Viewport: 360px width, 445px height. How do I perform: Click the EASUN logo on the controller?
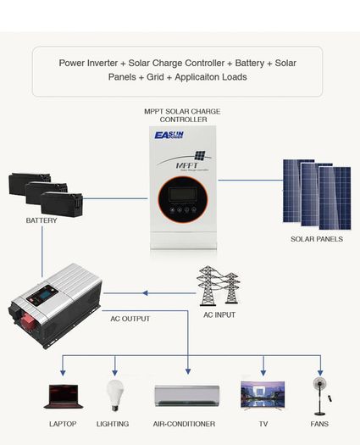[169, 135]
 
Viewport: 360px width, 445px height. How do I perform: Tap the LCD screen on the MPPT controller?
[183, 195]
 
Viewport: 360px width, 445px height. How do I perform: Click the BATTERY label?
[42, 220]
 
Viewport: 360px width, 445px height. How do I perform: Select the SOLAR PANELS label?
[317, 239]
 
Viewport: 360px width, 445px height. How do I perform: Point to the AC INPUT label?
[219, 314]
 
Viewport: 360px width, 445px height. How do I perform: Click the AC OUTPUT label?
[130, 319]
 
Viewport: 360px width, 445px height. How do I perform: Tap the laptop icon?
[64, 396]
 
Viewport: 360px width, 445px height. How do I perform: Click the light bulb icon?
[115, 395]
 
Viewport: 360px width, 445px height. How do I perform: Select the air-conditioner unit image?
[187, 396]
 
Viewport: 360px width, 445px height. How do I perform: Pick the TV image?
[263, 395]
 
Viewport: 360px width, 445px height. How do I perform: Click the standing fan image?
[320, 397]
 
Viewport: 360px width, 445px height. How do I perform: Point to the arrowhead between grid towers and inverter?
[145, 293]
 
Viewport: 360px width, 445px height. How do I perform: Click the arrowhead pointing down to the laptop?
[63, 373]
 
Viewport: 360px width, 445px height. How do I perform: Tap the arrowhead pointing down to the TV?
[263, 372]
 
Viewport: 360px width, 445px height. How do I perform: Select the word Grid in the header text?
[155, 77]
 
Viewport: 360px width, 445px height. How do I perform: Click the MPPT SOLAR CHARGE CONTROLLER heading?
[182, 115]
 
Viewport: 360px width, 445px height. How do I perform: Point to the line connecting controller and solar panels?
[251, 180]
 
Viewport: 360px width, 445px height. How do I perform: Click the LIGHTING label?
[113, 424]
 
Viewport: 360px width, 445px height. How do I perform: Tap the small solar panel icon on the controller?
[200, 155]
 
